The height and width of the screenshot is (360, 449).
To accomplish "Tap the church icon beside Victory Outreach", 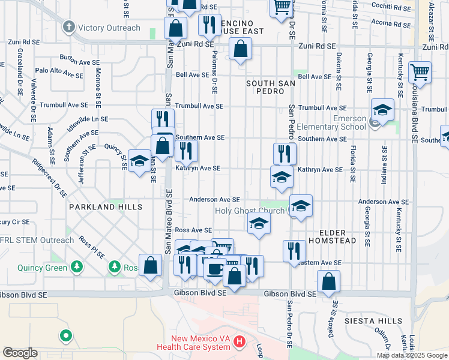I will tap(70, 27).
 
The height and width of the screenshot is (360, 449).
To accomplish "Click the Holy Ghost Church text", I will tap(251, 211).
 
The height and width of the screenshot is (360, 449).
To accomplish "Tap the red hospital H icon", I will tap(240, 342).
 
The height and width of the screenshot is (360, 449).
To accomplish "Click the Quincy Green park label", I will tap(42, 268).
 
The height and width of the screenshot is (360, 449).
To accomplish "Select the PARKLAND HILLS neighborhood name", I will tap(105, 207).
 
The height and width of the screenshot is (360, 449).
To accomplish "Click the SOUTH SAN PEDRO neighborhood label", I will tap(268, 86).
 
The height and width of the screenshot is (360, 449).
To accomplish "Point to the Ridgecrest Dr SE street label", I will tap(50, 178).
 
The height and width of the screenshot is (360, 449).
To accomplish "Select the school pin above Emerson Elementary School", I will tap(382, 110).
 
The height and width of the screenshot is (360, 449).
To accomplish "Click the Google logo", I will tap(20, 353).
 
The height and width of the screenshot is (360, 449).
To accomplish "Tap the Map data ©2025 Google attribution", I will tap(411, 355).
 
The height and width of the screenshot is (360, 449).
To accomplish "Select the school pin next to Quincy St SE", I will tap(139, 161).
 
